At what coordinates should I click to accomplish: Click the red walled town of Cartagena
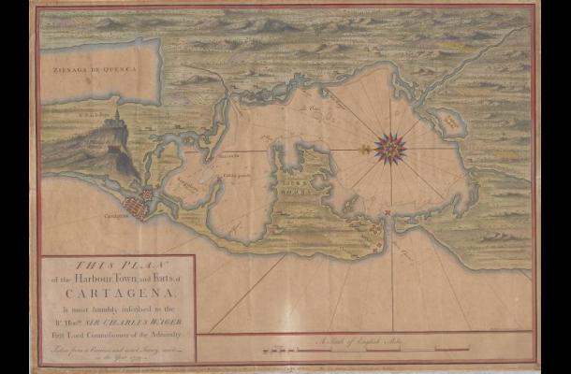click(x=140, y=202)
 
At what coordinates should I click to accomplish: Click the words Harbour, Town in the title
click(x=100, y=277)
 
